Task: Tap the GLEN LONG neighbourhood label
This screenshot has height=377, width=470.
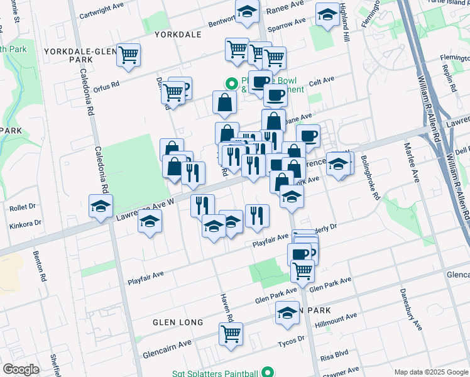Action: [x=178, y=322]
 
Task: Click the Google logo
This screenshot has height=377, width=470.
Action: [x=20, y=369]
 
